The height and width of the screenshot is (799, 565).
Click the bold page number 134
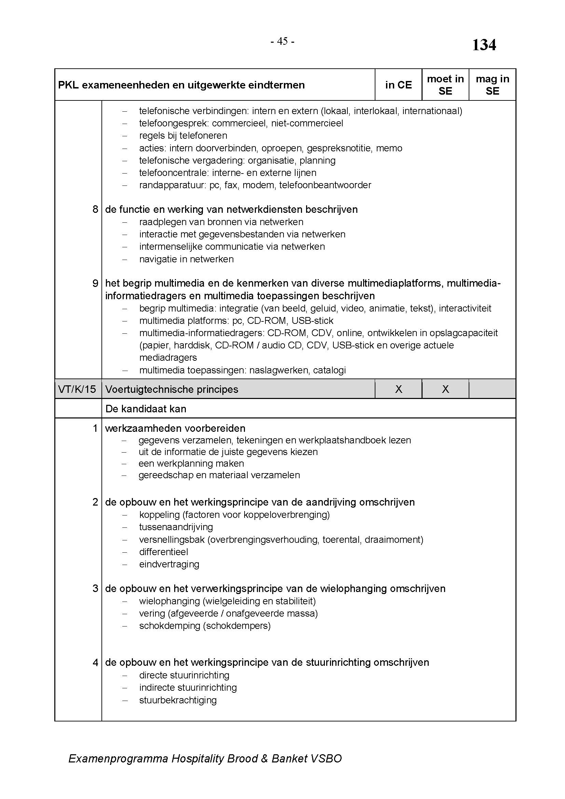(x=484, y=45)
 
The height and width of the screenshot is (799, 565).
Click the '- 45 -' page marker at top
(x=282, y=41)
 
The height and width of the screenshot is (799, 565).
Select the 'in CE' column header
(x=398, y=85)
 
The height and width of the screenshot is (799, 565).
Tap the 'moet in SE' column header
(x=445, y=85)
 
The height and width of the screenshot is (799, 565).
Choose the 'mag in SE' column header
(x=492, y=85)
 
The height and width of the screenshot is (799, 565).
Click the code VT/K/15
(x=77, y=389)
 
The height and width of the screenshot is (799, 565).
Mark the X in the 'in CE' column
(x=399, y=389)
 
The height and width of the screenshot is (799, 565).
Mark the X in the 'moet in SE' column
(x=445, y=389)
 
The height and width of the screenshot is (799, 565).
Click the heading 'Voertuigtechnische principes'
(x=171, y=389)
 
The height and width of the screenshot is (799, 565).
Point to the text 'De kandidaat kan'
(x=146, y=409)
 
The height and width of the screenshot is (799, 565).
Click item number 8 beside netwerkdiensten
(x=95, y=209)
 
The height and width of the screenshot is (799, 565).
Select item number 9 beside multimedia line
(x=95, y=283)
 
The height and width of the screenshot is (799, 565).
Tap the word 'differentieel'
(x=164, y=552)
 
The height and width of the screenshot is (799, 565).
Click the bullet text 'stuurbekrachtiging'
(x=178, y=700)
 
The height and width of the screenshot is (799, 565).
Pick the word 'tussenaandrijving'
(x=176, y=527)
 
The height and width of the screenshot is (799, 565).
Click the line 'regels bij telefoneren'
(x=183, y=135)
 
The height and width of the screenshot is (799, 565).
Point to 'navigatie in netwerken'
(x=187, y=259)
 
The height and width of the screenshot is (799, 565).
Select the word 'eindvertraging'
(x=169, y=564)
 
